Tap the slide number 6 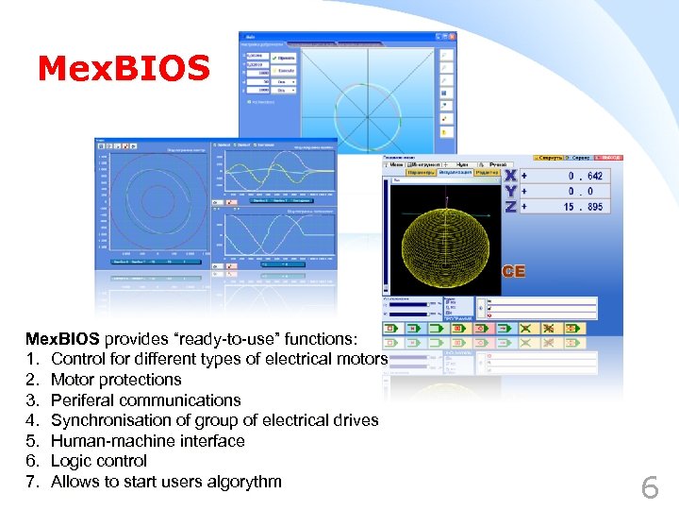650,487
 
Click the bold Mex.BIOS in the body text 62,338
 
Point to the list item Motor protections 116,380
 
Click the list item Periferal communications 146,400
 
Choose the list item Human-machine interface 147,441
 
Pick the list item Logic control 99,461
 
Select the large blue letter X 509,176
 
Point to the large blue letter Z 509,207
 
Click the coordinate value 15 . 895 583,207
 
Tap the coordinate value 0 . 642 585,176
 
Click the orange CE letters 513,272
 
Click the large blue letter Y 509,191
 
